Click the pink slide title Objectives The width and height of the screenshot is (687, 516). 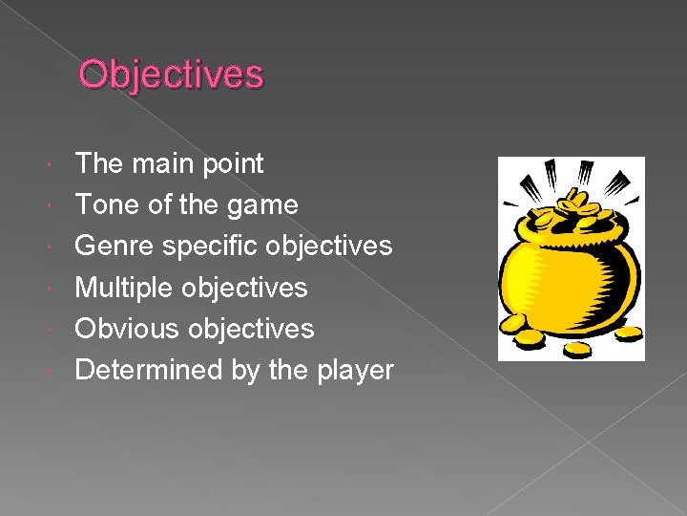pos(171,75)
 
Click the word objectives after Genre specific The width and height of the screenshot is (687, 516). pos(329,246)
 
